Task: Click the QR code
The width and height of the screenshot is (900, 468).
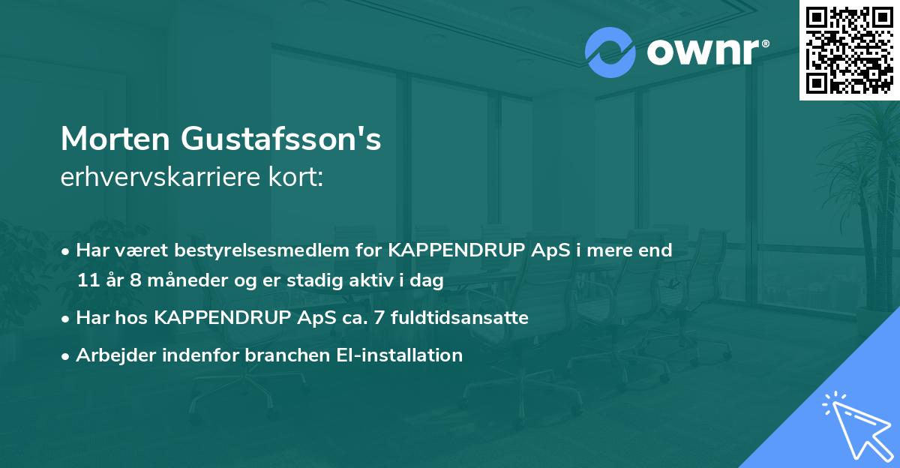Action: [849, 50]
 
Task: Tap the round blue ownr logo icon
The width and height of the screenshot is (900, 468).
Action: [611, 52]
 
